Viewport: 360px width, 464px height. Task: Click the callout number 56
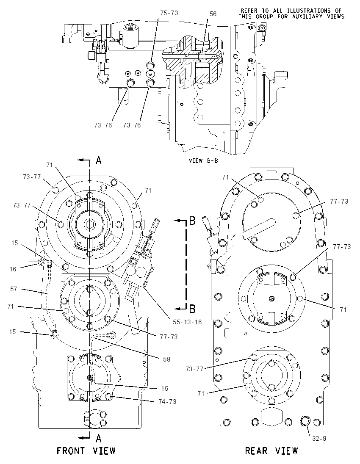pos(213,14)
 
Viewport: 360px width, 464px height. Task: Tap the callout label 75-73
pos(169,13)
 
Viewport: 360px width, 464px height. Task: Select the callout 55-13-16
pos(187,322)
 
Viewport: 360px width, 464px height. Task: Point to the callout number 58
pos(167,359)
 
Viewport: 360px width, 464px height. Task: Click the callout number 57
pos(14,289)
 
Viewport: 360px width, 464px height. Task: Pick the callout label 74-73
pos(167,401)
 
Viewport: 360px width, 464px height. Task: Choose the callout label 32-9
pos(319,438)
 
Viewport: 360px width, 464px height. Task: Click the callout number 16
pos(13,269)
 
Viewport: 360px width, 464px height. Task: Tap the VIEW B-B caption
pos(203,161)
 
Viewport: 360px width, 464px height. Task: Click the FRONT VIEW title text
pos(86,451)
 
